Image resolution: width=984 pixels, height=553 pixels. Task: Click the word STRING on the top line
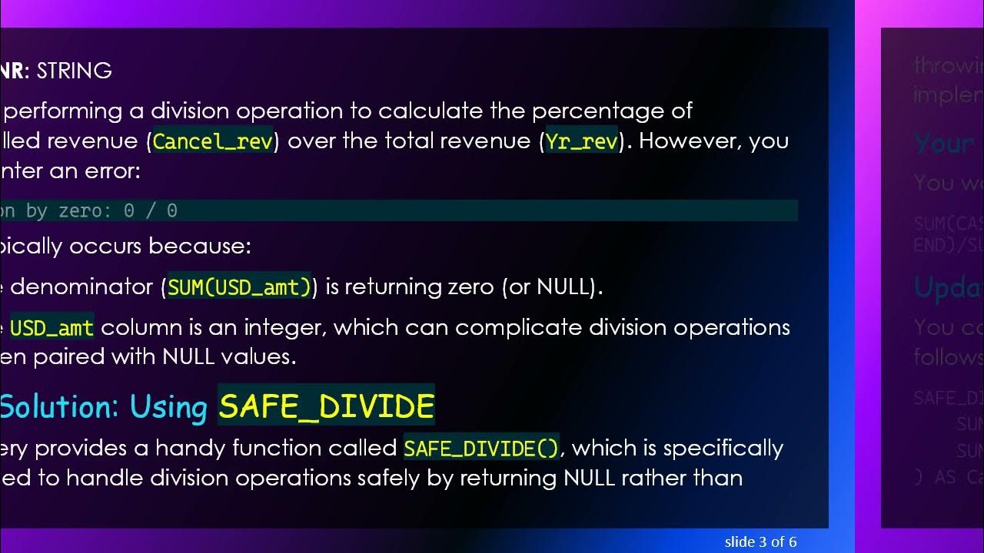75,71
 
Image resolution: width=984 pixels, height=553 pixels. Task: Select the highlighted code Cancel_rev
213,141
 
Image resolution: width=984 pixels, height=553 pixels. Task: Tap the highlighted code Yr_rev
582,141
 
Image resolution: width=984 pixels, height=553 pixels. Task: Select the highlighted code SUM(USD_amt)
239,287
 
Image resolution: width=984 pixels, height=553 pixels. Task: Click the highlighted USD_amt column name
52,328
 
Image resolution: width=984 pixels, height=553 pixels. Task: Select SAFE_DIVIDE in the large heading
326,406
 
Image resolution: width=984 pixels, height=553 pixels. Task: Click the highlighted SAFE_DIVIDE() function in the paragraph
481,449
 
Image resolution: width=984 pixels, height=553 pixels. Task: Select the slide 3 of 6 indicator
760,542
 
